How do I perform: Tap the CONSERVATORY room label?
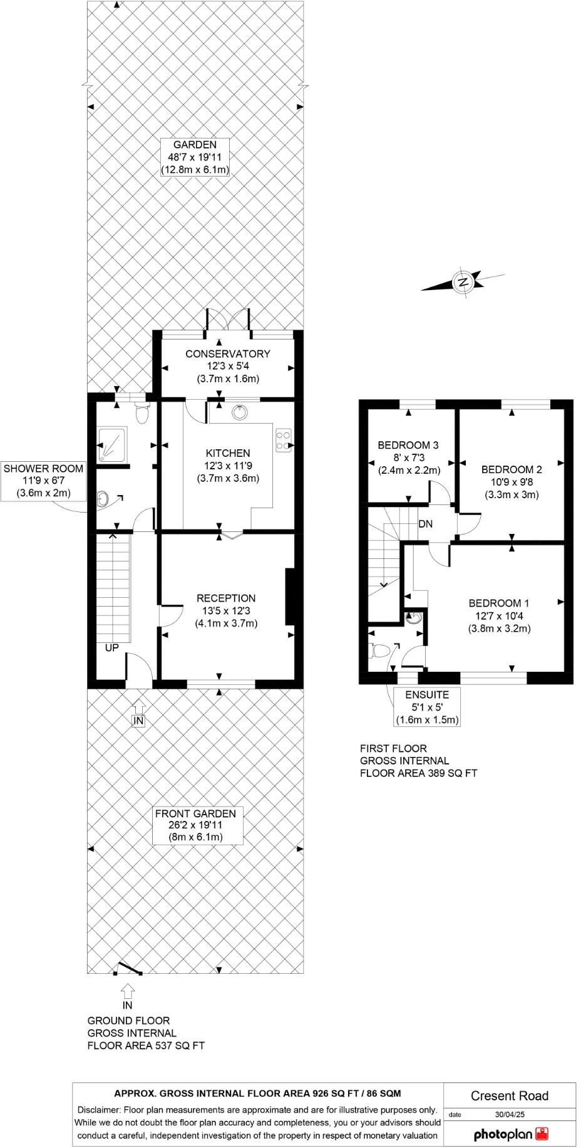[x=228, y=354]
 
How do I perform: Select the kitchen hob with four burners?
[x=283, y=439]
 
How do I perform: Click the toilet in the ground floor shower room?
[x=142, y=414]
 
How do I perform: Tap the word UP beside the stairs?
[x=111, y=648]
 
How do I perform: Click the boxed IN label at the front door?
[x=138, y=721]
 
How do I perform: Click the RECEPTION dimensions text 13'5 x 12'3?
[x=226, y=611]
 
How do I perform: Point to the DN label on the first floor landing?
[x=425, y=524]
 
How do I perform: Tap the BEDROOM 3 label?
[x=408, y=446]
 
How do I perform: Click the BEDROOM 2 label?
[x=512, y=469]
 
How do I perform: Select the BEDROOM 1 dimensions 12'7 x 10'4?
[x=499, y=616]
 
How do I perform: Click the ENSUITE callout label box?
[x=427, y=707]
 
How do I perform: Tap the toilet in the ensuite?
[x=379, y=651]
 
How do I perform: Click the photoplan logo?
[x=511, y=1134]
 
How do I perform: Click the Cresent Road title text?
[x=509, y=1096]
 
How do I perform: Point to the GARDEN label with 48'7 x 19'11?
[x=195, y=157]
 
